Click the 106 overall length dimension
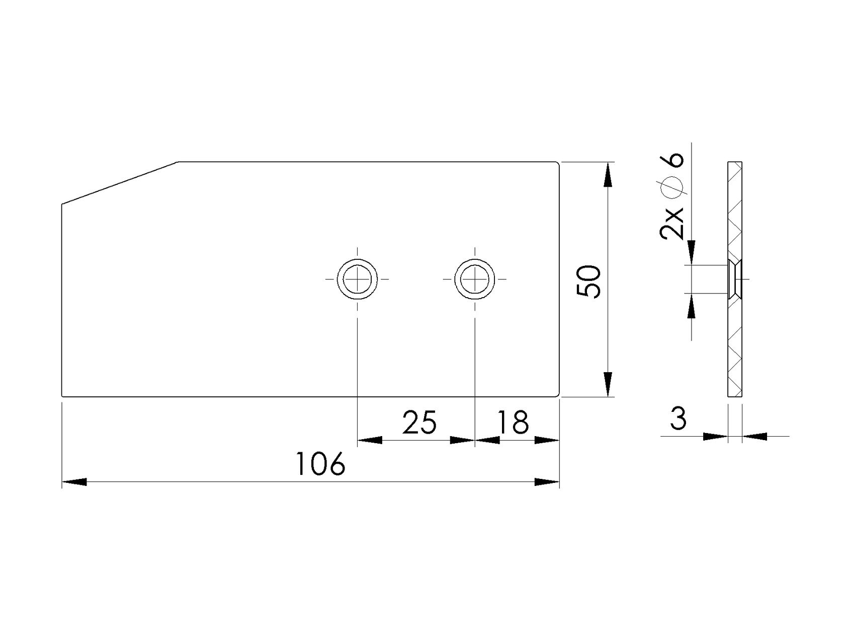320,464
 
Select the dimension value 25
419,422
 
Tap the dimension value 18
513,422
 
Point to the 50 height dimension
589,282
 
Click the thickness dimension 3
679,419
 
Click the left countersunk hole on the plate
357,278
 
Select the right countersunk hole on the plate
474,278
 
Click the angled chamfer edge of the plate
120,183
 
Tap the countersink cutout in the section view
735,278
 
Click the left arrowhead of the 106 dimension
74,482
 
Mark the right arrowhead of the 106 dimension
547,482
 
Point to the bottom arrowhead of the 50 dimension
608,384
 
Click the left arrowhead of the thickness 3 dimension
715,436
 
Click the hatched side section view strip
735,342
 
